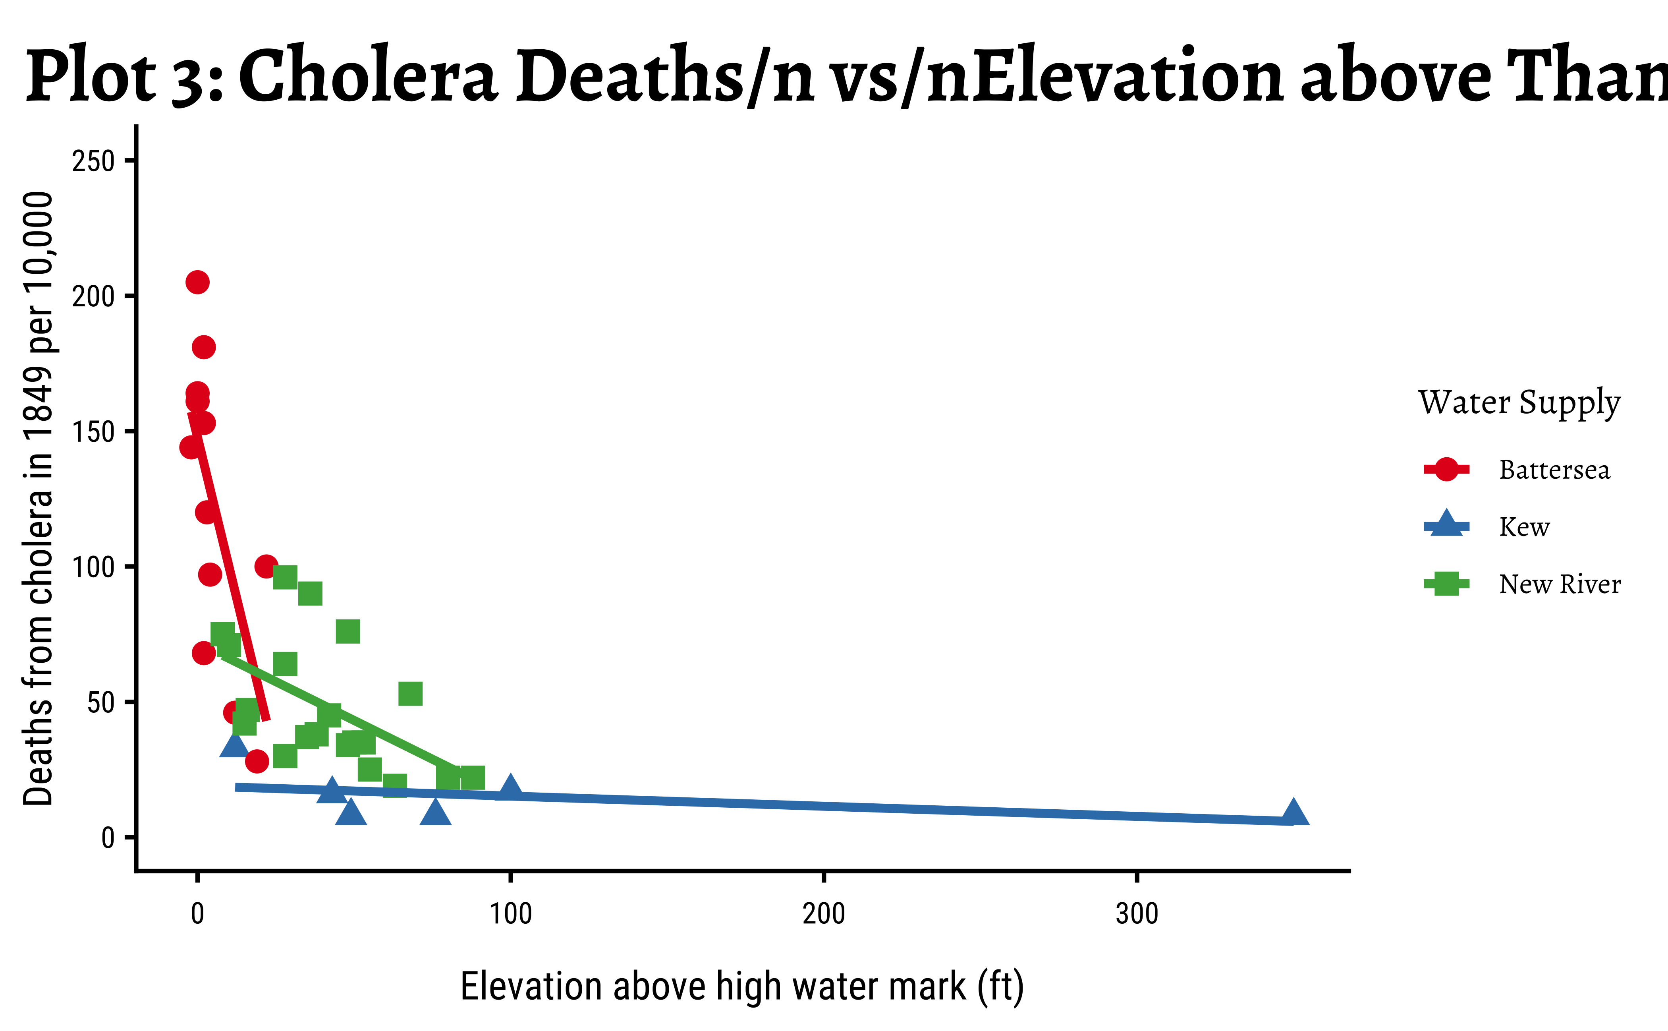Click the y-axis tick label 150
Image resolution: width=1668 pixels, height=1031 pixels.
93,431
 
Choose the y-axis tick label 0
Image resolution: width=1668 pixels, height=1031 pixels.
108,838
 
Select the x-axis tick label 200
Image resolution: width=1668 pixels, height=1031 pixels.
823,914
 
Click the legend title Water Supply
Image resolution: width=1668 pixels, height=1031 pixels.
1519,402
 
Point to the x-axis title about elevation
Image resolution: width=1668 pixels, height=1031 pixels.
741,987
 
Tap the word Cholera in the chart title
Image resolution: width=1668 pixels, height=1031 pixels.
368,76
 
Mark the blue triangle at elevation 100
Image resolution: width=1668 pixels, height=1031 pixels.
510,787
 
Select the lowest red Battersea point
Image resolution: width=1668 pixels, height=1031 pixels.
256,761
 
